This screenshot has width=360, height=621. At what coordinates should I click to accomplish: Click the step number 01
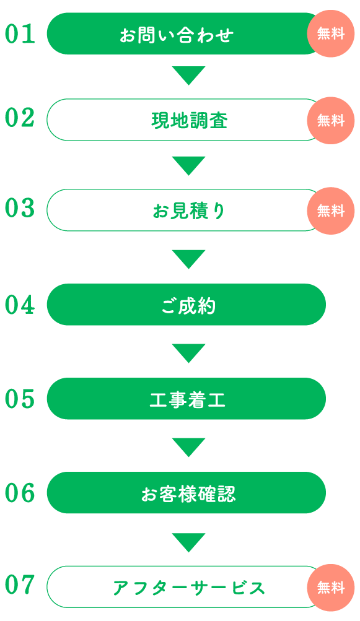coord(20,34)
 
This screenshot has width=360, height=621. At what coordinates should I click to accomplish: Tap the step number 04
coord(20,305)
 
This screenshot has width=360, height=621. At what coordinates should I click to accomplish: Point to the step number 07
coord(20,585)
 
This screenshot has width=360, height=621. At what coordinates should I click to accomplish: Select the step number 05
coord(20,399)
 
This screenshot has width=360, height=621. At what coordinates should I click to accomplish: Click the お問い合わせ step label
coord(177,35)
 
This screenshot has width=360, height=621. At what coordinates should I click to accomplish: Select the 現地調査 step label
coord(189,120)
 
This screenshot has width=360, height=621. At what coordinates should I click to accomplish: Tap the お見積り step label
coord(189,211)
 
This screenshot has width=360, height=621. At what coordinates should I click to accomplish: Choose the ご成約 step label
coord(189,306)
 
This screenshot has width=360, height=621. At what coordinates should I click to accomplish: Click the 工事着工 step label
coord(188,399)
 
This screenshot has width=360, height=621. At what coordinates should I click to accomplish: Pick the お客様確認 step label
coord(188,494)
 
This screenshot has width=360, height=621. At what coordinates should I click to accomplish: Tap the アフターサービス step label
coord(189,588)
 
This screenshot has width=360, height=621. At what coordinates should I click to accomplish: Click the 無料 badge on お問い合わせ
coord(331,33)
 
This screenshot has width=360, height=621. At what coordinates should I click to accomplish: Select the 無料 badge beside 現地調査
coord(331,120)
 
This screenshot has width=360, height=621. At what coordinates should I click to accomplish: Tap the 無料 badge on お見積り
coord(331,211)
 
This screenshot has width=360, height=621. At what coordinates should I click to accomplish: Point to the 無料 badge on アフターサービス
coord(331,588)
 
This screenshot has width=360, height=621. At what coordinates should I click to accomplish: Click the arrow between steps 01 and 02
coord(189,74)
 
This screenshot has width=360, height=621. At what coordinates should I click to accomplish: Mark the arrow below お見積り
coord(189,258)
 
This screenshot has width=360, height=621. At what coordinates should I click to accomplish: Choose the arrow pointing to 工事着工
coord(189,352)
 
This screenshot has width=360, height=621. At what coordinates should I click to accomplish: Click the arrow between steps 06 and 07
coord(189,541)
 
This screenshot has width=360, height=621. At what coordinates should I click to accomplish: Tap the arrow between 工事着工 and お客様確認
coord(189,446)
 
